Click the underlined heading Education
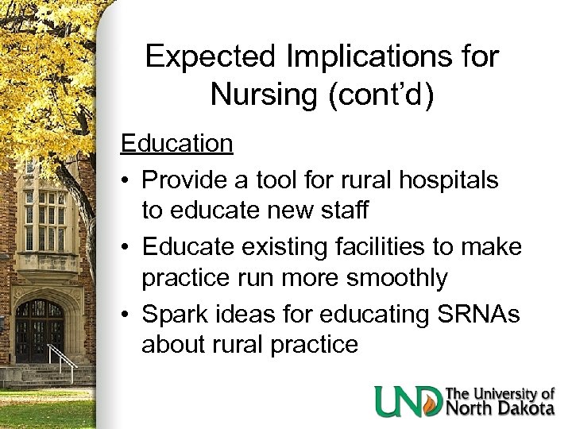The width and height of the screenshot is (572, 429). (176, 143)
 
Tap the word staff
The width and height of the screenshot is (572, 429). (348, 211)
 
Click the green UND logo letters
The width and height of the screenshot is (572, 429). (408, 400)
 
